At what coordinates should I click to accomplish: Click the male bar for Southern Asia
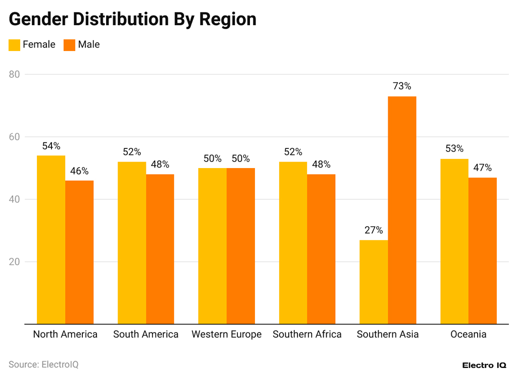click(402, 209)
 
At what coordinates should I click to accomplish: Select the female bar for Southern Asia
click(374, 282)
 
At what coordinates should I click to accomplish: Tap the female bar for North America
click(51, 240)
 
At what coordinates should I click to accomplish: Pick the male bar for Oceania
click(482, 250)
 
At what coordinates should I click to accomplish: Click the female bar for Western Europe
click(213, 246)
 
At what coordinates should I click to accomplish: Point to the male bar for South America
click(160, 249)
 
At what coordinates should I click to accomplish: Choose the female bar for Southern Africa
click(293, 243)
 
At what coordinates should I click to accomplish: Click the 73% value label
click(402, 86)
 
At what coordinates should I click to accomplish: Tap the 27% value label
click(374, 230)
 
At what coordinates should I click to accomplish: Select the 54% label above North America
click(51, 146)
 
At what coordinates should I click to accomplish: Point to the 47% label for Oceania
click(482, 168)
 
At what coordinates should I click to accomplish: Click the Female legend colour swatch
click(14, 45)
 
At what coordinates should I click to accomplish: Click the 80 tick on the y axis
click(14, 74)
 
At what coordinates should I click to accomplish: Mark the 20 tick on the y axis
click(14, 262)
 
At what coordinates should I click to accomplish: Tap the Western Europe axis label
click(227, 335)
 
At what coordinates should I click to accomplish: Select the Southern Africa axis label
click(307, 335)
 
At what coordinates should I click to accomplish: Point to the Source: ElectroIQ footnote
click(43, 364)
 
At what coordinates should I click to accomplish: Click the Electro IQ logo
click(484, 365)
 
